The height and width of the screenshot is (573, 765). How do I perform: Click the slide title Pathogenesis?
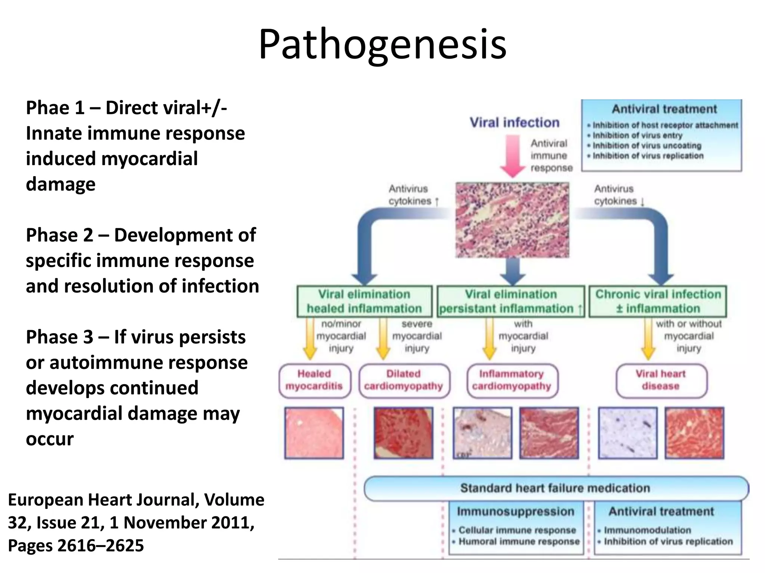(x=382, y=45)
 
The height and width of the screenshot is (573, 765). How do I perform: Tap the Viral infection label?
(x=514, y=122)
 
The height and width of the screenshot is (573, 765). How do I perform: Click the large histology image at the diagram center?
(x=512, y=220)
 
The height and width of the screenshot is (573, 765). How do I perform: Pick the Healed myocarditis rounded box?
(x=315, y=380)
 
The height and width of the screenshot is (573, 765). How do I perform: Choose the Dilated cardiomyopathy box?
(x=404, y=380)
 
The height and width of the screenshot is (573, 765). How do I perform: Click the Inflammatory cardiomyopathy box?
(x=512, y=380)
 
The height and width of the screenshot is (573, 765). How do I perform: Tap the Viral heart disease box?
(x=661, y=380)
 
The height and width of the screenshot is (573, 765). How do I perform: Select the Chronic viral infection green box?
(x=658, y=301)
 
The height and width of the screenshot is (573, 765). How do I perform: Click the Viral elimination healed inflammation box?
(x=364, y=301)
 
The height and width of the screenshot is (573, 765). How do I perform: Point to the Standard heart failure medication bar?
(x=555, y=488)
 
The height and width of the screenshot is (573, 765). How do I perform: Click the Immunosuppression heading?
(x=515, y=511)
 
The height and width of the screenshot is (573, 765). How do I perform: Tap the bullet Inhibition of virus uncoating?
(x=647, y=145)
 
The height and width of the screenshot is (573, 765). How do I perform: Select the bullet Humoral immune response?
(x=519, y=541)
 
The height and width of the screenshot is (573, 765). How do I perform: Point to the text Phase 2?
(x=59, y=235)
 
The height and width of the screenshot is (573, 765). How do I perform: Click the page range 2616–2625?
(x=100, y=545)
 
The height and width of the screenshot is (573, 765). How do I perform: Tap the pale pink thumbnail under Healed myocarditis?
(x=314, y=433)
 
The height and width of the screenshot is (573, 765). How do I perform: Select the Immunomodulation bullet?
(x=647, y=530)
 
